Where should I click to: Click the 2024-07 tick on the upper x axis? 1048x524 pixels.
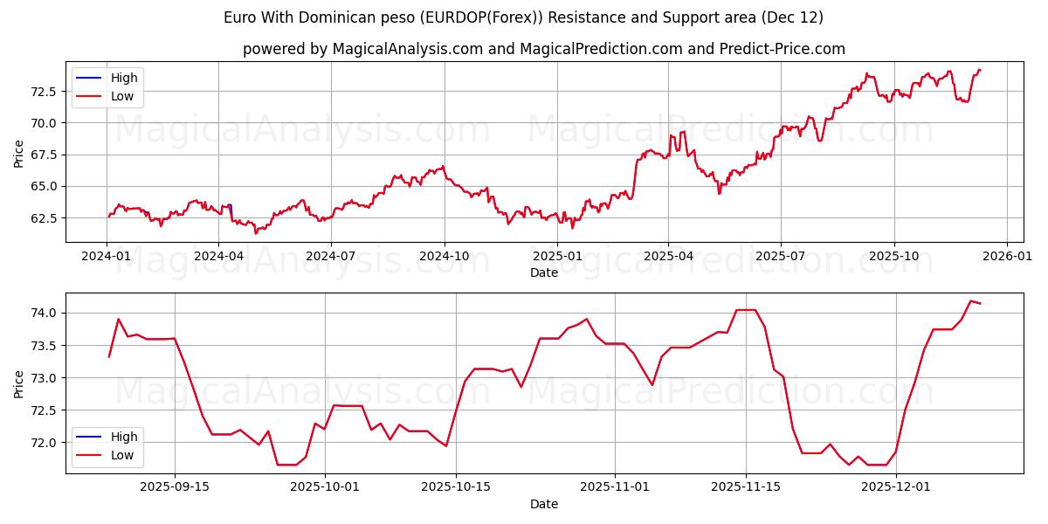(x=332, y=257)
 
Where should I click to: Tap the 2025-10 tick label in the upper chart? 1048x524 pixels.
(x=893, y=257)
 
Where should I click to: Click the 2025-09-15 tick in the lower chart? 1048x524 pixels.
(x=175, y=487)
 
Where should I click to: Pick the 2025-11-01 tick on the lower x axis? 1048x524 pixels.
(x=614, y=487)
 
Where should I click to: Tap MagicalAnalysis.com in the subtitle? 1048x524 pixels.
(x=407, y=49)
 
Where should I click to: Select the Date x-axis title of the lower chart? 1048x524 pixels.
(x=543, y=504)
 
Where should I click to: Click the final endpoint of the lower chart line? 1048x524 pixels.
(x=980, y=303)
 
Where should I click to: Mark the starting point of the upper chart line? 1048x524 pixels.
(x=108, y=217)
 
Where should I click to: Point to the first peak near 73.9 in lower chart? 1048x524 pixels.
(x=118, y=319)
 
